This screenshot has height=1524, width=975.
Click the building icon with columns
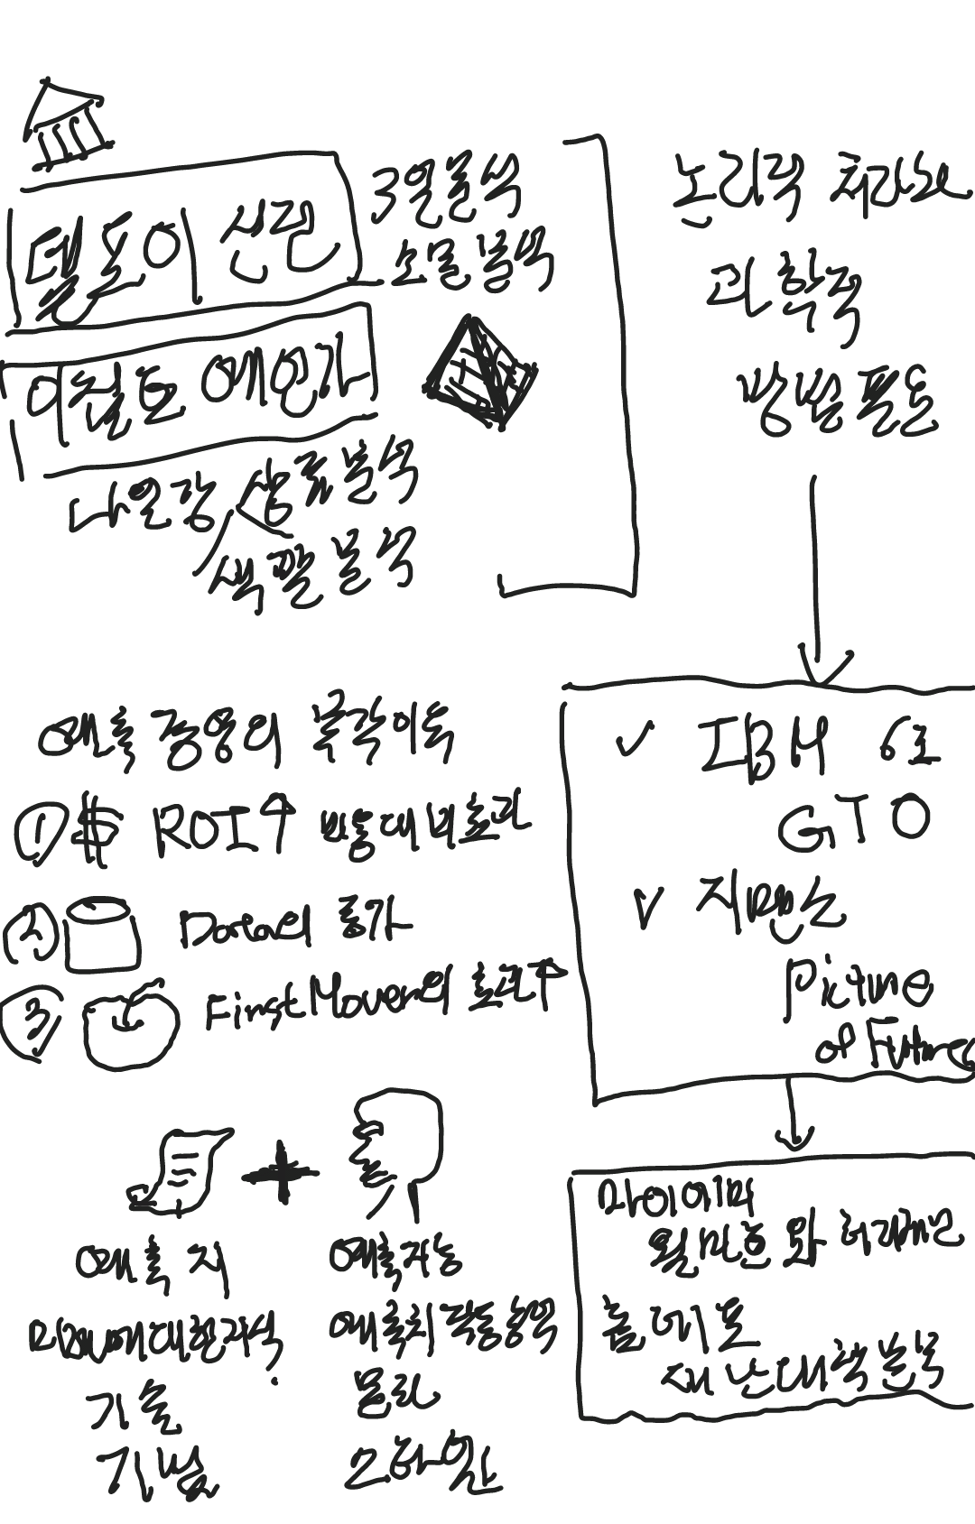[65, 126]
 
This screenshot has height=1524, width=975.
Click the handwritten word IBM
[763, 748]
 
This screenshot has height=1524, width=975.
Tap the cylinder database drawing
[104, 934]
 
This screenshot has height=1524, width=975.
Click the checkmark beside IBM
[635, 742]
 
